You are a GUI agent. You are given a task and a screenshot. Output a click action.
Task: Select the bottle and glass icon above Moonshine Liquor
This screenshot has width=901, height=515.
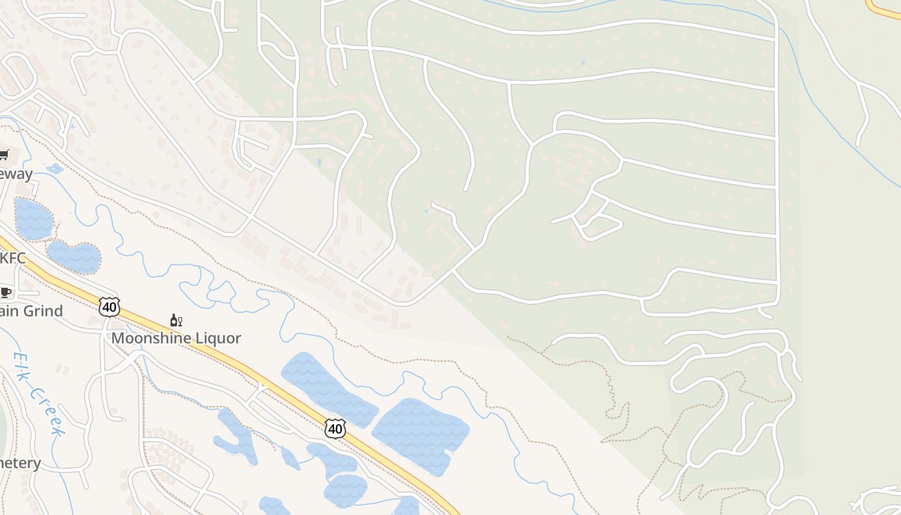[x=176, y=320]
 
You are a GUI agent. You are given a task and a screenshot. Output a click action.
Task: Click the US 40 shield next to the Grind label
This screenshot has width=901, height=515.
[x=109, y=306]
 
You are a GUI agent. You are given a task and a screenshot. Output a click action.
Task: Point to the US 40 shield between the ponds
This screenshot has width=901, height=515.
[x=335, y=428]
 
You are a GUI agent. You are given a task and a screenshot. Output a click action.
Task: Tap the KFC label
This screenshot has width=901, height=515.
[x=13, y=258]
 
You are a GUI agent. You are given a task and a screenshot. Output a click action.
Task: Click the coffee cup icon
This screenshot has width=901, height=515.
[x=6, y=293]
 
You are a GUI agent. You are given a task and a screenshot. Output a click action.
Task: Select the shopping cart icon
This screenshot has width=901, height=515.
[x=4, y=154]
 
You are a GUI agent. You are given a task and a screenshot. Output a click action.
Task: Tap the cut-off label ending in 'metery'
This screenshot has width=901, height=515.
[x=19, y=463]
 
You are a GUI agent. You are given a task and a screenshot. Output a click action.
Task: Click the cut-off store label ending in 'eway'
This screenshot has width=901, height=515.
[x=15, y=174]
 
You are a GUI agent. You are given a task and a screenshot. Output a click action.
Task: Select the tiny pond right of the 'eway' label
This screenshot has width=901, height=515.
[x=55, y=169]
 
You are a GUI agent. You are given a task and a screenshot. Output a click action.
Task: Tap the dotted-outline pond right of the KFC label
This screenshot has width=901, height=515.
[x=75, y=257]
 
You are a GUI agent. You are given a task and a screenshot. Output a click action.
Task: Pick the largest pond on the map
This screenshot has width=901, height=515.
[x=421, y=435]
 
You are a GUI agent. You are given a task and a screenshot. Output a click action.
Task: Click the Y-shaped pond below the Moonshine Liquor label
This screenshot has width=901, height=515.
[x=237, y=438]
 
